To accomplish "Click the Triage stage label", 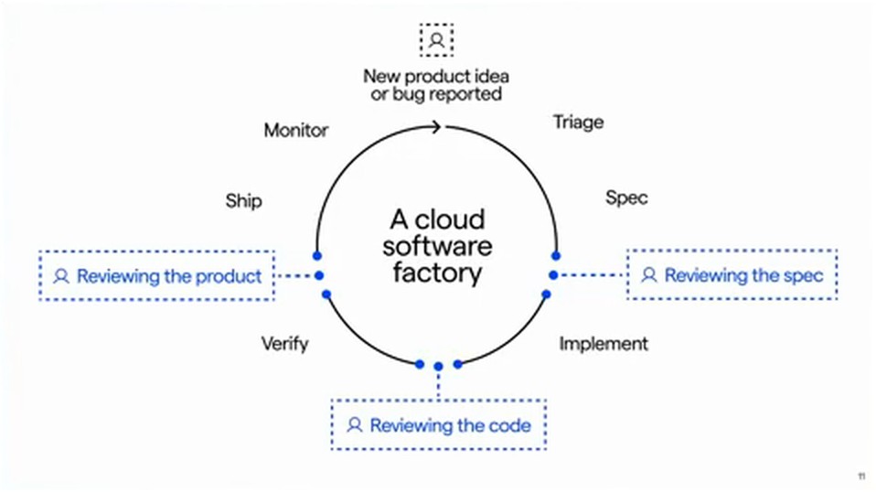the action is [x=578, y=122].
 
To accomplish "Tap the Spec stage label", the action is [x=626, y=198].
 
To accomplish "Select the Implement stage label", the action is [x=604, y=344].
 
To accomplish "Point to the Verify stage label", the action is [x=285, y=344].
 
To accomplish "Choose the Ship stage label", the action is [x=243, y=201].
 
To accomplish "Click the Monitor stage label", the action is [x=296, y=130].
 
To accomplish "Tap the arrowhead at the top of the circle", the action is [x=436, y=127].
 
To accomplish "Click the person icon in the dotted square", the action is [x=437, y=40].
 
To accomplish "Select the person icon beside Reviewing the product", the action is [x=61, y=276].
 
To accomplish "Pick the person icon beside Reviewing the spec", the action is [x=648, y=274].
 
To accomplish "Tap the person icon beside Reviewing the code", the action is [x=354, y=425].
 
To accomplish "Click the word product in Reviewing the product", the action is [x=229, y=276].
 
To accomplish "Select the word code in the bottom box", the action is [x=509, y=425].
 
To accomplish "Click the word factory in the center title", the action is [x=437, y=273].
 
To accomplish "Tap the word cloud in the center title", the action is [x=450, y=219].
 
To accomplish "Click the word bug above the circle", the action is [x=408, y=94].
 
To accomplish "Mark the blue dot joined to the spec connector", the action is [x=553, y=274].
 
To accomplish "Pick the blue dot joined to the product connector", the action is [x=319, y=275].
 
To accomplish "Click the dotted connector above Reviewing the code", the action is [x=438, y=385].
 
